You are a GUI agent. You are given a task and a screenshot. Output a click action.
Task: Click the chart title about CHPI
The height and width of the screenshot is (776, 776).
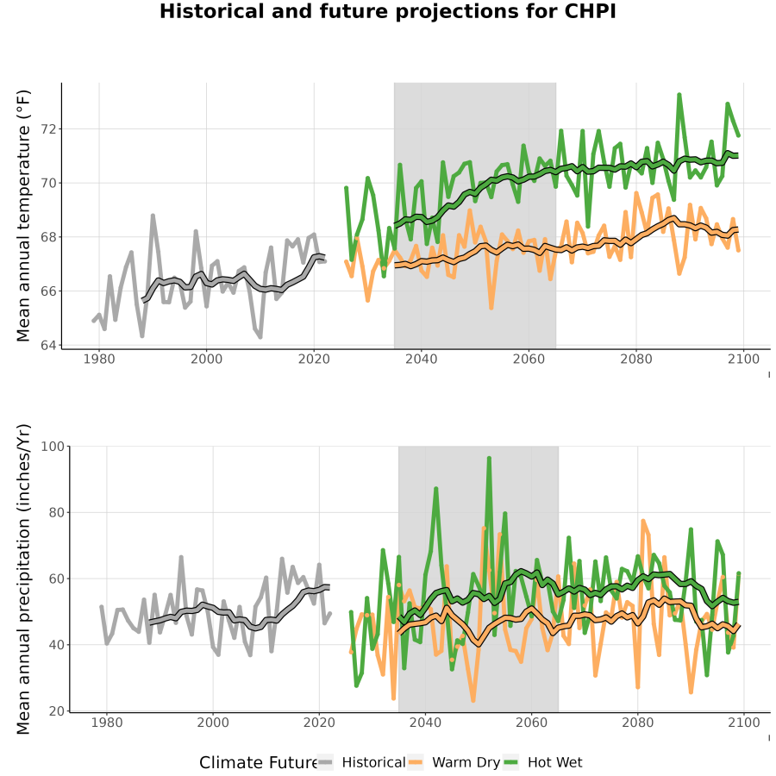(387, 11)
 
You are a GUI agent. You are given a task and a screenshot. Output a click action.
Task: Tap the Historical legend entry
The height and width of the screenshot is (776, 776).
(360, 762)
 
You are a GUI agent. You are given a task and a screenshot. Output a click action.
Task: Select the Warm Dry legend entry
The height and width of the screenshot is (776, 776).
(454, 762)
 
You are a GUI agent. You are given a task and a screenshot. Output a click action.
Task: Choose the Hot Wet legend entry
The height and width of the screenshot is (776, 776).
(542, 762)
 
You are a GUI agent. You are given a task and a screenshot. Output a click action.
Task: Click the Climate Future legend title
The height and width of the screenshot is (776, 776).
(259, 763)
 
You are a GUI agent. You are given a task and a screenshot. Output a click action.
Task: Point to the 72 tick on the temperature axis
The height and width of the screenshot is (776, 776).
(49, 129)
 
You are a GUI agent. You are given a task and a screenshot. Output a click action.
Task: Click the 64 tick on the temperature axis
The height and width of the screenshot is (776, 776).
(49, 345)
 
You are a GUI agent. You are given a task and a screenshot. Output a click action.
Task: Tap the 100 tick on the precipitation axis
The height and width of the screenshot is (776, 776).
(53, 447)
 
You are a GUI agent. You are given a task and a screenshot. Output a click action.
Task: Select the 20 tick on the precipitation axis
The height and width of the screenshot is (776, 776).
(57, 711)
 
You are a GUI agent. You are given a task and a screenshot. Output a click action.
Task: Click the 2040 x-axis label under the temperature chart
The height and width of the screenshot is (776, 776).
(421, 359)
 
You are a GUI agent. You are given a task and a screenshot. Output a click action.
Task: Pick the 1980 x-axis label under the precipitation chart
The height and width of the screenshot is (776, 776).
(107, 723)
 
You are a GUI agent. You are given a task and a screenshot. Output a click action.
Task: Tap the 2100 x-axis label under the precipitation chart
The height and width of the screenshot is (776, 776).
(744, 723)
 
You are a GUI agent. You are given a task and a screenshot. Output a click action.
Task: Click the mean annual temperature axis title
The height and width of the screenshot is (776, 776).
(23, 216)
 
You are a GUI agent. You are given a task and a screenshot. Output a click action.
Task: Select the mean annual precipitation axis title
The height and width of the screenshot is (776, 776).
(23, 579)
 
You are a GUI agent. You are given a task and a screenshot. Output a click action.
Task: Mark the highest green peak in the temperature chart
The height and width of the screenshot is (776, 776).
(679, 94)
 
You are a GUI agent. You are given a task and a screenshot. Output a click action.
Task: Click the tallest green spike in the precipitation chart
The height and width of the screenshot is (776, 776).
(489, 459)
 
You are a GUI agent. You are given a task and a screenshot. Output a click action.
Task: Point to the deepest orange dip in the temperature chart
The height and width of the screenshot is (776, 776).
(491, 308)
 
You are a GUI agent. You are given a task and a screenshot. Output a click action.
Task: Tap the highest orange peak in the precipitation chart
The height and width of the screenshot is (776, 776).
(643, 521)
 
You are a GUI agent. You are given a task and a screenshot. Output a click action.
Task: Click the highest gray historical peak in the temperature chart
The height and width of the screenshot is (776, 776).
(153, 216)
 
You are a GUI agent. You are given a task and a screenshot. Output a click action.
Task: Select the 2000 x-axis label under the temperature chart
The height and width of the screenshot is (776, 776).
(206, 359)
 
